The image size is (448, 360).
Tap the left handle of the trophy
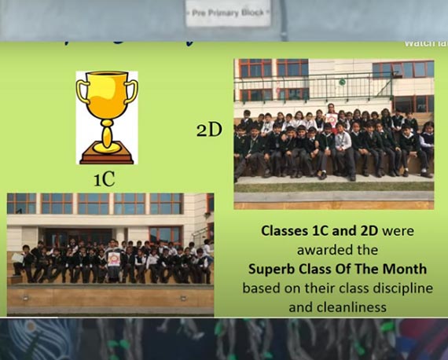point(82,93)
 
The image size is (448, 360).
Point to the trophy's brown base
point(106,157)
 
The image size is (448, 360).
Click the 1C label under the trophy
point(104,179)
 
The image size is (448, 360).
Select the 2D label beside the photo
point(209,130)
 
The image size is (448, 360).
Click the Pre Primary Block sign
point(228,13)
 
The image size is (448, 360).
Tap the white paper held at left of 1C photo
point(17,258)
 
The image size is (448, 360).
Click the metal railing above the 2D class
point(307,82)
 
